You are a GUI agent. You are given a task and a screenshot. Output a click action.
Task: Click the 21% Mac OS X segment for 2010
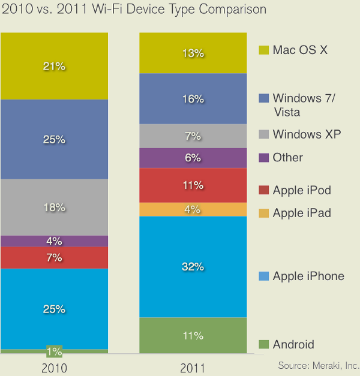click(54, 66)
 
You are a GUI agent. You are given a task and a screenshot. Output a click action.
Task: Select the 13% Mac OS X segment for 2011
click(193, 53)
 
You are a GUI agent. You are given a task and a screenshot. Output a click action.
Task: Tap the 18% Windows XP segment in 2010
click(54, 207)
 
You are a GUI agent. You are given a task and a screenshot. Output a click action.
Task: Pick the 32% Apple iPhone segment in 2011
click(193, 267)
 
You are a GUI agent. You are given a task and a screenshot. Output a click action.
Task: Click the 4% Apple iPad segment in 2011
click(193, 209)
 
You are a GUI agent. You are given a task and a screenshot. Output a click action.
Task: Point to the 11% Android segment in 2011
click(193, 335)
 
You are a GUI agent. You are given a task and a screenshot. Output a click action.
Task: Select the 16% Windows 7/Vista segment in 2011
click(193, 99)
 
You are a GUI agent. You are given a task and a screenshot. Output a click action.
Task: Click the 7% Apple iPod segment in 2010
click(54, 258)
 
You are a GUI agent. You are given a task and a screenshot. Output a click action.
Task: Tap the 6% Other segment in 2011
click(193, 158)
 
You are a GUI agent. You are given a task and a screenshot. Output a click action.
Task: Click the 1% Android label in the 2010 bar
click(55, 351)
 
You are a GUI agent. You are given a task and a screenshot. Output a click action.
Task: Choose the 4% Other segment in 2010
click(54, 241)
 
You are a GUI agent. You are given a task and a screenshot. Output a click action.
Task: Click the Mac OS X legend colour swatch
click(262, 50)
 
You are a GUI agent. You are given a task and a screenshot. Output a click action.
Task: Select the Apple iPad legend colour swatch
click(262, 213)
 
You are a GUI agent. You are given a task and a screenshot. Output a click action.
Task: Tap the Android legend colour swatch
click(262, 345)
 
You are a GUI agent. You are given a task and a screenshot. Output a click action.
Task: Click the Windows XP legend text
click(307, 134)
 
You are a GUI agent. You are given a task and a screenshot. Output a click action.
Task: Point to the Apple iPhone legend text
click(308, 276)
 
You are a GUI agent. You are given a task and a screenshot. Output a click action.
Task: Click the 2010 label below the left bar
click(54, 366)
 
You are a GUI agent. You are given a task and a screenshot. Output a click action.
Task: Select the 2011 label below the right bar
click(193, 366)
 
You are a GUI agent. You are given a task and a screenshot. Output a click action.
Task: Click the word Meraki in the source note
click(325, 365)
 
